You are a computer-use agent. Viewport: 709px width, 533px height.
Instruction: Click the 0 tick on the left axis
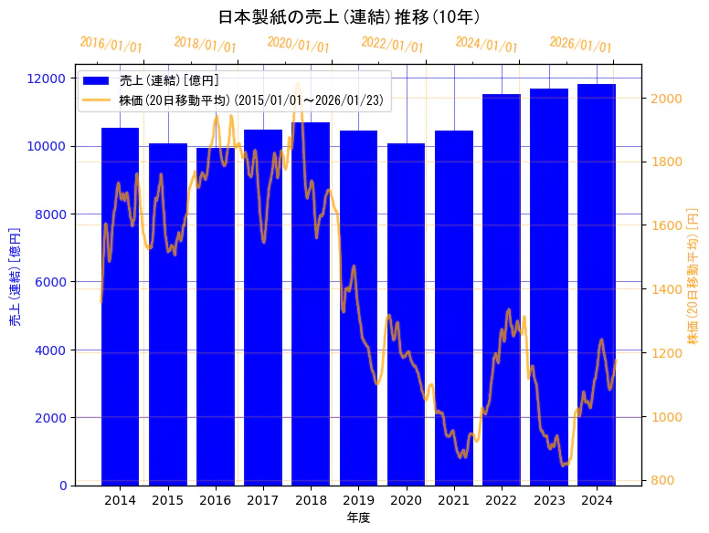(x=61, y=486)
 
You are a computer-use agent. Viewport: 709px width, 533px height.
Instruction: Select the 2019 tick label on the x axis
(x=358, y=501)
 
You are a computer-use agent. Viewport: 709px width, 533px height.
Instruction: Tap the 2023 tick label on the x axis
(x=549, y=501)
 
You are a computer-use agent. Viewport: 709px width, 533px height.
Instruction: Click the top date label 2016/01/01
(x=111, y=44)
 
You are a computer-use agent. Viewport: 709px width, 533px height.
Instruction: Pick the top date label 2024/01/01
(x=486, y=44)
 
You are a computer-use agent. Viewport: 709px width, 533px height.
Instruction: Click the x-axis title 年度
(x=358, y=518)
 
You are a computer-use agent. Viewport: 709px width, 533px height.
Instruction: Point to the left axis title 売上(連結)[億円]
(x=15, y=277)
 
